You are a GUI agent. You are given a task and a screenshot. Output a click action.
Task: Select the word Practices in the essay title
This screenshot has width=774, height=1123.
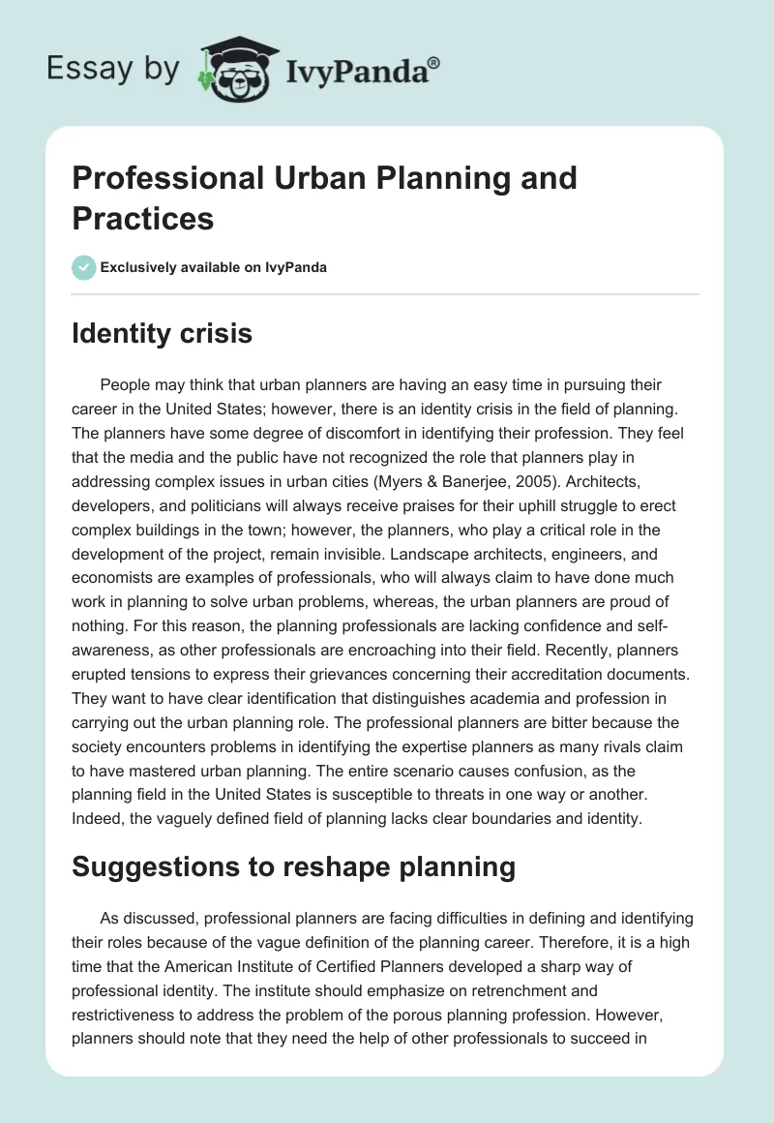click(142, 218)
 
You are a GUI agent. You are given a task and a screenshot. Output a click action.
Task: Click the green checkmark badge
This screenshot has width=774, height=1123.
click(84, 267)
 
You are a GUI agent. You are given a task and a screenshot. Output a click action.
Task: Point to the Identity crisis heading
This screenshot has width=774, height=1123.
click(163, 334)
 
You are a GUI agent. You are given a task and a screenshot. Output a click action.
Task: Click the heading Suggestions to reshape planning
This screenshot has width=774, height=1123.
click(294, 866)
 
